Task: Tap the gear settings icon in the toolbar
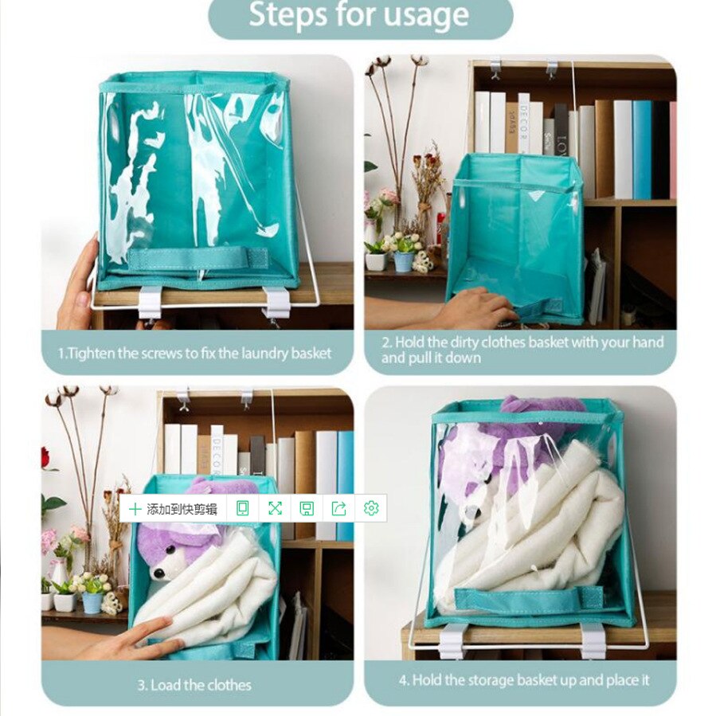point(370,508)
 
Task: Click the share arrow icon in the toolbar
point(338,508)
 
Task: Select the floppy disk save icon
point(307,508)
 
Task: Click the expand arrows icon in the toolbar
point(275,508)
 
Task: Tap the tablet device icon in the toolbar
point(243,508)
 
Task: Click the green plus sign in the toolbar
point(135,508)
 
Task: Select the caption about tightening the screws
point(195,353)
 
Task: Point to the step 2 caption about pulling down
point(522,350)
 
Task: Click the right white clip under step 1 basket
point(276,302)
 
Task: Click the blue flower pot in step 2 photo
point(404,261)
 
